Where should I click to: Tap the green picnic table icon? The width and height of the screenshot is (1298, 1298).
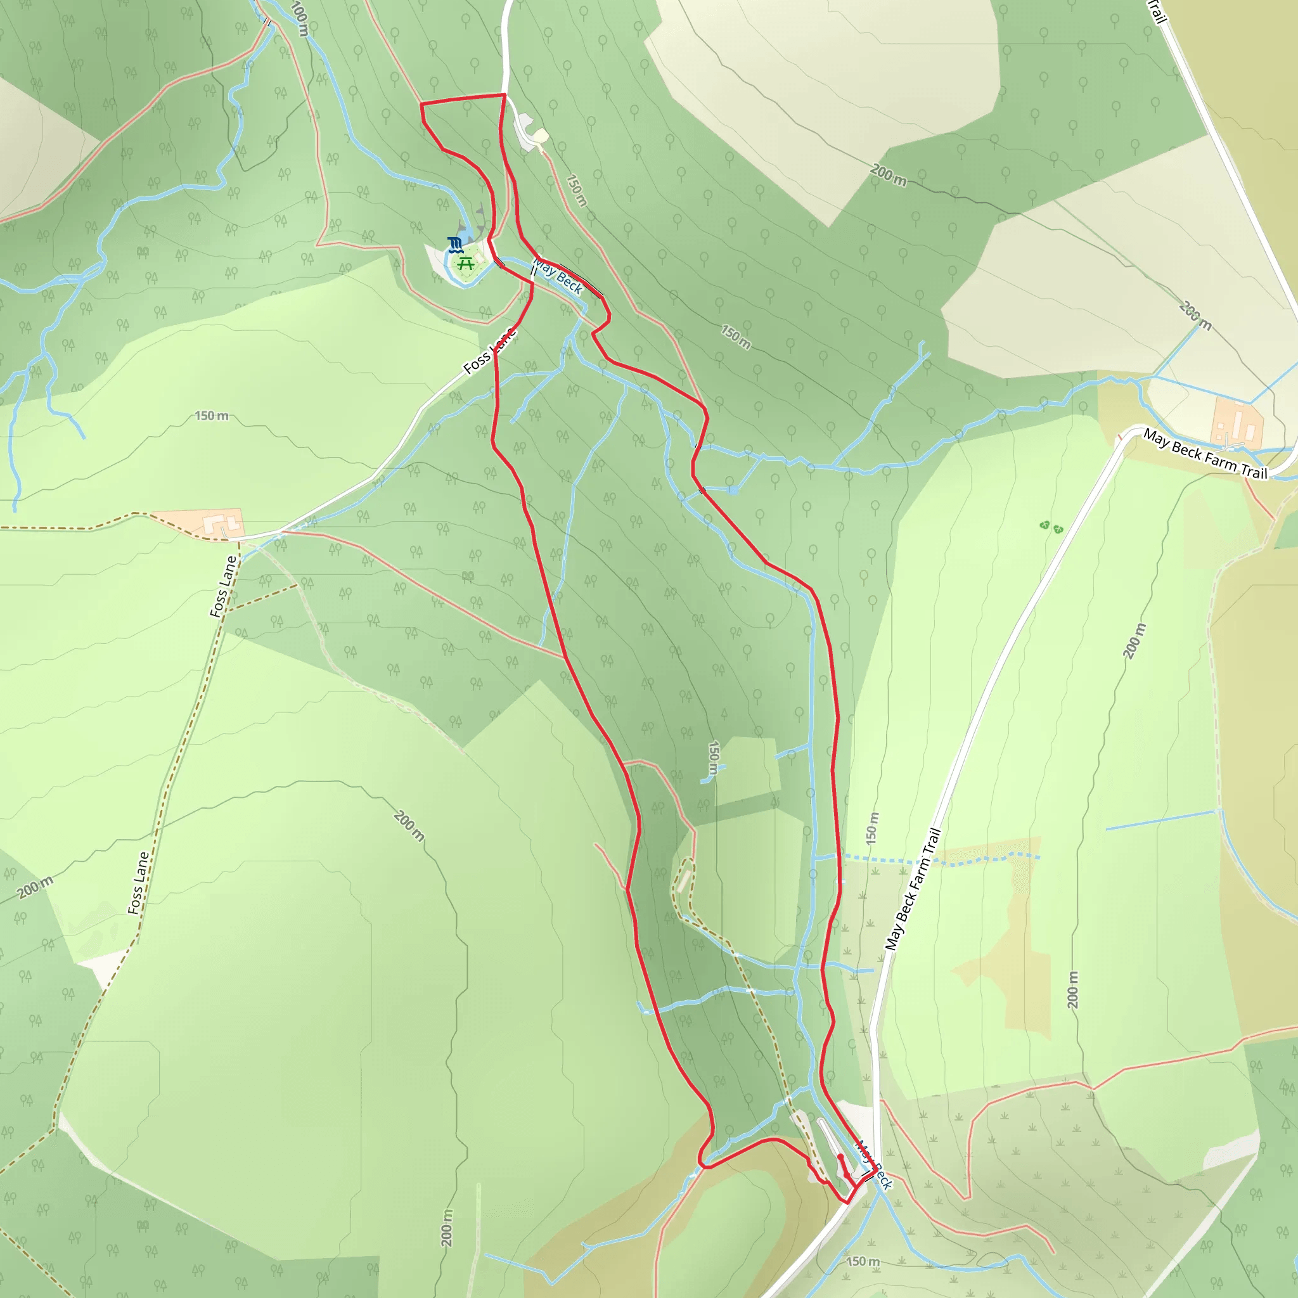coord(466,262)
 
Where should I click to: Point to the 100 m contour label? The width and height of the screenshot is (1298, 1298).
coord(300,19)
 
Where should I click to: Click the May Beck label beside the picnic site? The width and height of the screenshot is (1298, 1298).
coord(558,276)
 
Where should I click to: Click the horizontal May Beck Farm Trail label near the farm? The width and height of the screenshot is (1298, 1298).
coord(1205,455)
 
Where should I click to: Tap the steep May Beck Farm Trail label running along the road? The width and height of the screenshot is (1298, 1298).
coord(913,889)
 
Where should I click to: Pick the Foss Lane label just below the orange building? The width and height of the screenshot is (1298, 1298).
coord(224,586)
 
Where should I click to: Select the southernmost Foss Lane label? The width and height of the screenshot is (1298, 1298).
coord(138,883)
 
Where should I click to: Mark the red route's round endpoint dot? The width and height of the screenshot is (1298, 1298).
coord(840,1157)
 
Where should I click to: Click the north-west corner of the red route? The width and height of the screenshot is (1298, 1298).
coord(421,104)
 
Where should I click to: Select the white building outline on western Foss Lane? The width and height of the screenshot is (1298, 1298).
coord(222,525)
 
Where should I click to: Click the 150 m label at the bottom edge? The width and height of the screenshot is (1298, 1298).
coord(863,1261)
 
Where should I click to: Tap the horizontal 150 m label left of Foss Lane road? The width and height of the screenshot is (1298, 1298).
coord(212,416)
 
